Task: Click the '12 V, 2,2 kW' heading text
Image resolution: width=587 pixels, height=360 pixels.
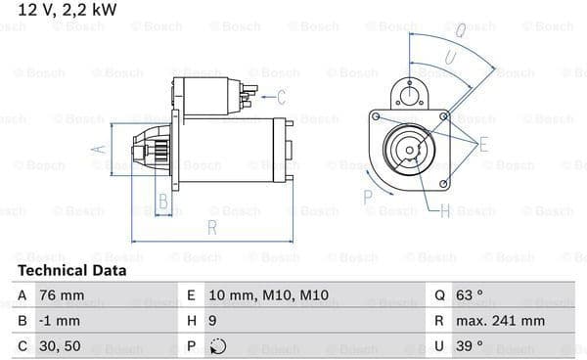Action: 68,10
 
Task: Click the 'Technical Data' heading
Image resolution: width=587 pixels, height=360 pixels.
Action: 71,271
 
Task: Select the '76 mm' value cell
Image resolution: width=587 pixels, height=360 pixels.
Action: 62,295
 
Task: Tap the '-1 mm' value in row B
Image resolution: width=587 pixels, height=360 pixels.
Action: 59,321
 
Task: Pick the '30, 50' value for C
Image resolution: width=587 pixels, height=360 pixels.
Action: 60,346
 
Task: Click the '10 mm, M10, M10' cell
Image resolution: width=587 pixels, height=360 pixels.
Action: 268,295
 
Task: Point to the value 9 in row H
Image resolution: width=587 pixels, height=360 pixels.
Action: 212,321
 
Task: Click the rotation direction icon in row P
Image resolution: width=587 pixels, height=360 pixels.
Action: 218,346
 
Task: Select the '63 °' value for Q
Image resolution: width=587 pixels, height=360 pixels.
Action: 470,295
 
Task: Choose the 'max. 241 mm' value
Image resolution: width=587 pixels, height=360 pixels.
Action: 500,321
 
